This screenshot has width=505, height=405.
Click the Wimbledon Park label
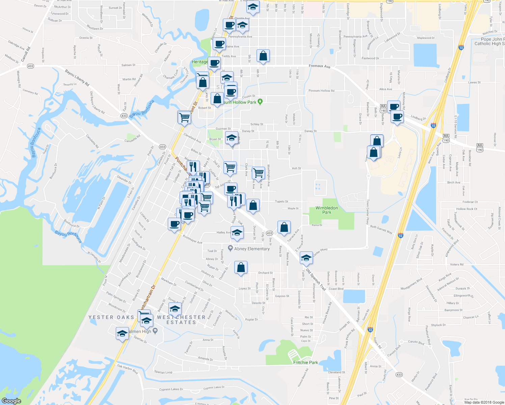click(x=326, y=210)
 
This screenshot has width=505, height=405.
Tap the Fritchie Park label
click(x=305, y=362)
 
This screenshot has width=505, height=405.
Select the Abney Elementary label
click(x=252, y=249)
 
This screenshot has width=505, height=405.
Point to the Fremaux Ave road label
click(x=320, y=66)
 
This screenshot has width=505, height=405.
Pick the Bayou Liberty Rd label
click(x=77, y=78)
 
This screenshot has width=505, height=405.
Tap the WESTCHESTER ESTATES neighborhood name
click(x=181, y=320)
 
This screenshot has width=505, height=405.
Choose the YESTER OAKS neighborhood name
click(x=111, y=317)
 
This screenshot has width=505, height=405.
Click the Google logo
click(x=11, y=401)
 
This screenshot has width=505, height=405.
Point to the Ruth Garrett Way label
click(x=381, y=230)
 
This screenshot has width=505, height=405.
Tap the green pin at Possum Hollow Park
click(x=260, y=101)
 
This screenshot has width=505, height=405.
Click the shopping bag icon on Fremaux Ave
click(x=263, y=56)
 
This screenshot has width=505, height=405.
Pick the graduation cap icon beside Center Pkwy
click(x=306, y=258)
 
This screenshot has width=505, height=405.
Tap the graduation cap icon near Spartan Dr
click(x=122, y=334)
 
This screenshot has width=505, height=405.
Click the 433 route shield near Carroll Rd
click(x=31, y=66)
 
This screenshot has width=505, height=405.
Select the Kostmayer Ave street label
click(x=192, y=239)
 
